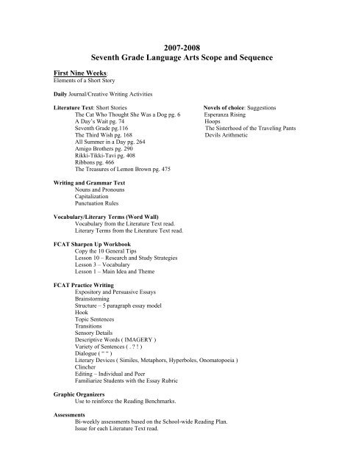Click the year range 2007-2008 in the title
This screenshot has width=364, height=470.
pos(181,43)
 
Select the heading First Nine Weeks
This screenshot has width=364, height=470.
pos(81,73)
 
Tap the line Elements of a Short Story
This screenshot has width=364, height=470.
pos(80,82)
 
